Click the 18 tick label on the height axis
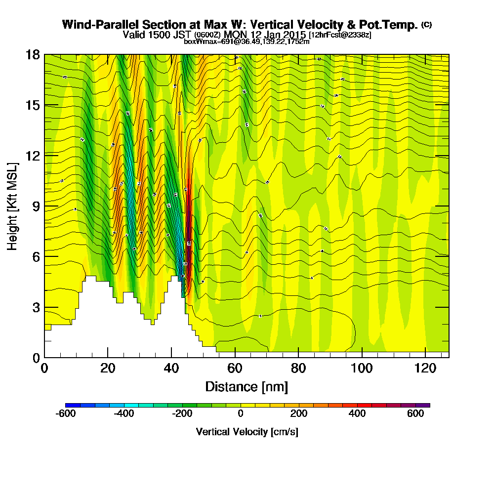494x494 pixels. tap(33, 55)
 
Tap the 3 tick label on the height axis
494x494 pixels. tap(36, 307)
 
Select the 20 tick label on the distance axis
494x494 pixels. tap(108, 369)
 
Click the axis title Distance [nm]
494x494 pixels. tap(247, 386)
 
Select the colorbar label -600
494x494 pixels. tap(66, 414)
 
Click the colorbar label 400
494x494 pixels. tap(357, 414)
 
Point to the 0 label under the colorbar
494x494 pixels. tap(241, 414)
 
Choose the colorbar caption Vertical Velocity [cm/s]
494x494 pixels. tap(247, 432)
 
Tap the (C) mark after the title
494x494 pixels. tap(426, 25)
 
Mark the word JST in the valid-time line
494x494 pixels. tap(181, 35)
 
